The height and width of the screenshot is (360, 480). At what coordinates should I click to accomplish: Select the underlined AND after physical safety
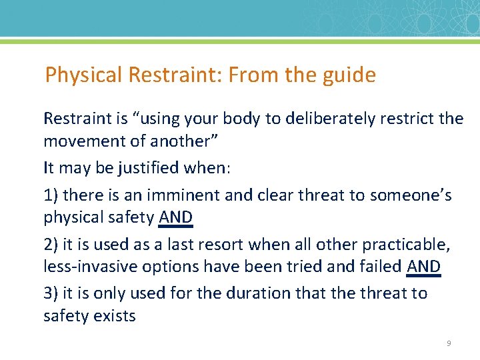click(175, 217)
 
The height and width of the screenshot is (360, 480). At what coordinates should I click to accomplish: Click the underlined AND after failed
click(423, 267)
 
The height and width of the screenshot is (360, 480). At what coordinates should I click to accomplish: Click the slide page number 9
click(449, 343)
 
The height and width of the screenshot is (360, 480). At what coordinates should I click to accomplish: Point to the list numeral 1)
click(51, 195)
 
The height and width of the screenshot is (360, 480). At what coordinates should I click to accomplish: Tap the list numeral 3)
click(51, 293)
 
